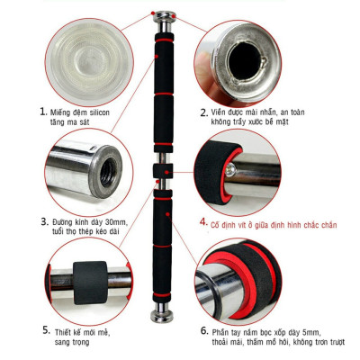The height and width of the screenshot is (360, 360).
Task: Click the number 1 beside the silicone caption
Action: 42,112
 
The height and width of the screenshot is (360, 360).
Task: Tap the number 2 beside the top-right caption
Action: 202,113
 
